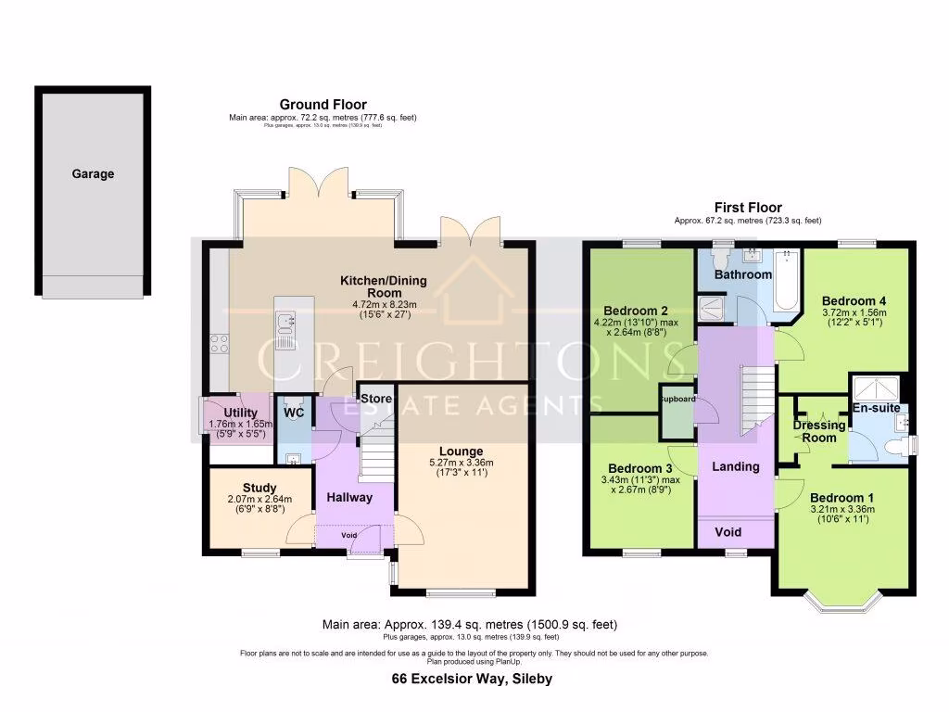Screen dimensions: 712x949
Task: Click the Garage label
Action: [x=93, y=173]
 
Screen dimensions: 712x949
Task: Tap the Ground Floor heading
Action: [x=323, y=105]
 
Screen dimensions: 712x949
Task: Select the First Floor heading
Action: [x=747, y=208]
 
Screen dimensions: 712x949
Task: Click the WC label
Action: [x=293, y=412]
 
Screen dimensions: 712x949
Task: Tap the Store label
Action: [x=376, y=400]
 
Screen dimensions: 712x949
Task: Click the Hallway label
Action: [x=349, y=497]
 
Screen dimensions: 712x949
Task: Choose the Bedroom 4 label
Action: [x=854, y=300]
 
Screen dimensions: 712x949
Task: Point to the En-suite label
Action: [x=876, y=407]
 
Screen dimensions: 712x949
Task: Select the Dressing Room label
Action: [x=819, y=431]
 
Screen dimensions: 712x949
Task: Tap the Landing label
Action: [x=735, y=466]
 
